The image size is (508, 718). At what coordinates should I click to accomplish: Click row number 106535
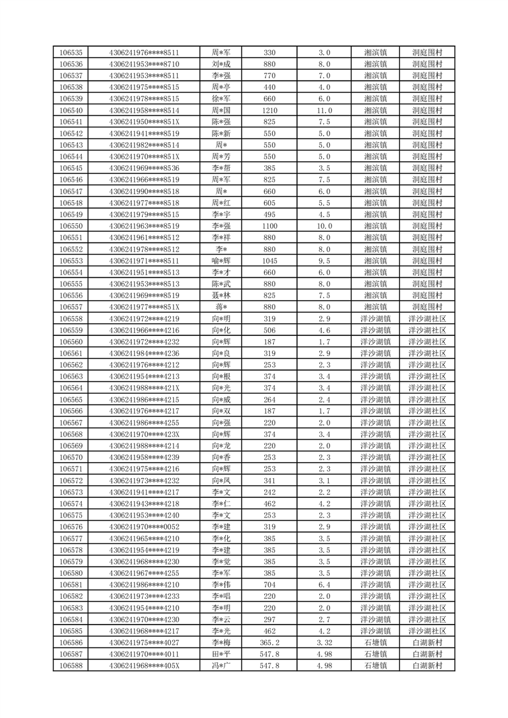coord(70,52)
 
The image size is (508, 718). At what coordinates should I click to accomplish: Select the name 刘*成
coord(221,64)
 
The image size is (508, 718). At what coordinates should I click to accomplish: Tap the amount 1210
coord(269,111)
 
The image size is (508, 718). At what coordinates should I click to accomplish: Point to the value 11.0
coord(324,111)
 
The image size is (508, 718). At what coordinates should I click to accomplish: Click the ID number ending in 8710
coord(144,64)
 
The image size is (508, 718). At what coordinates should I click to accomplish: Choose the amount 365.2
coord(269,643)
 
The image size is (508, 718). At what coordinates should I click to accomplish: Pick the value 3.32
coord(324,643)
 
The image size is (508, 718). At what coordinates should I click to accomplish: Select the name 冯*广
coord(221,666)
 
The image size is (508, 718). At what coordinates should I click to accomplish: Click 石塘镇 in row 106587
coord(375,655)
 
